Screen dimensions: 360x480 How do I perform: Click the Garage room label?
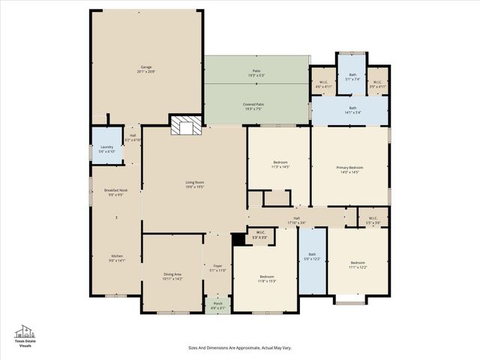click(146, 69)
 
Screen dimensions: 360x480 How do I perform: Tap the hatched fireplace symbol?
click(186, 127)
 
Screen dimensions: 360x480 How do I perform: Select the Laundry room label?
click(106, 149)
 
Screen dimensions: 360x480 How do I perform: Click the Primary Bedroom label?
click(349, 169)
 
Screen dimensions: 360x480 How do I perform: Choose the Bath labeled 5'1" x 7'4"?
click(352, 76)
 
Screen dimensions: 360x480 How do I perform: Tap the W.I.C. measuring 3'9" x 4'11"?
click(377, 84)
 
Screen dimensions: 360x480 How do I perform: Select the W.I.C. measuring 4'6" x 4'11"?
click(323, 84)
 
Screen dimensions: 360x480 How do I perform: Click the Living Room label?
click(195, 184)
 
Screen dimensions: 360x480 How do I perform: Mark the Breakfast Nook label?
click(115, 192)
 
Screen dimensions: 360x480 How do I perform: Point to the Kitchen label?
click(117, 258)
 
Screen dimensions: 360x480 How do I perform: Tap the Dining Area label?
click(172, 277)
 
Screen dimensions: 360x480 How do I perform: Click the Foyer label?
click(218, 268)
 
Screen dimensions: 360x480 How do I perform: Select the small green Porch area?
click(218, 305)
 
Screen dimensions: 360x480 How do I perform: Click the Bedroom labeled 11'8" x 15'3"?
click(265, 278)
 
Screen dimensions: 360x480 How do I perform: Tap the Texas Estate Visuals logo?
click(25, 337)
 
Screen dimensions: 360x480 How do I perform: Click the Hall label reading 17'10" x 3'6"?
click(297, 220)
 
